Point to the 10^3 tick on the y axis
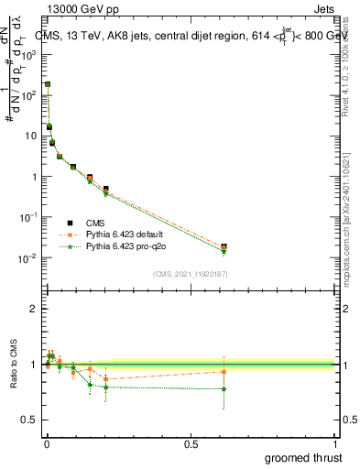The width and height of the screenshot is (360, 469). pyautogui.click(x=30, y=54)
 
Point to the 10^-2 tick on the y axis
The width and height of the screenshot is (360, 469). pyautogui.click(x=30, y=258)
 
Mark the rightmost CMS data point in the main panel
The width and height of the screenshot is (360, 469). pyautogui.click(x=224, y=246)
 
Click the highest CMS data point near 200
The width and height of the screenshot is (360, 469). pyautogui.click(x=48, y=83)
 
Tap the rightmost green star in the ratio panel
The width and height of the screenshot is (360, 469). pyautogui.click(x=224, y=389)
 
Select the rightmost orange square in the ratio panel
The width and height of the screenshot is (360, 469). pyautogui.click(x=224, y=371)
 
